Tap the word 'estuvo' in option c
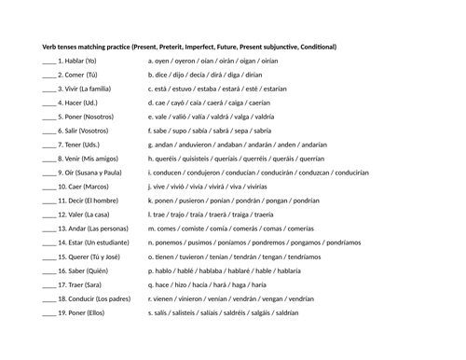point(182,89)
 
